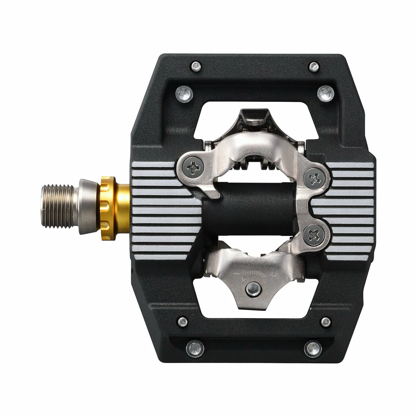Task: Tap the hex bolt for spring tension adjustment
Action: pyautogui.click(x=253, y=288)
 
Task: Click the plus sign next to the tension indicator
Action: pyautogui.click(x=273, y=275)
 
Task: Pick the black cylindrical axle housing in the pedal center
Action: pyautogui.click(x=251, y=209)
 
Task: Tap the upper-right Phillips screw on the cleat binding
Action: pyautogui.click(x=314, y=178)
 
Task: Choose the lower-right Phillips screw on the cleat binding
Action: pyautogui.click(x=314, y=235)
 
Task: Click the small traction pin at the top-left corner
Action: pyautogui.click(x=196, y=66)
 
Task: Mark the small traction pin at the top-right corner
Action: pyautogui.click(x=314, y=67)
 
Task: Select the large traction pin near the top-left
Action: pyautogui.click(x=184, y=93)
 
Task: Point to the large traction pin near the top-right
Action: pyautogui.click(x=325, y=93)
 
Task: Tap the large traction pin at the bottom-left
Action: pyautogui.click(x=195, y=349)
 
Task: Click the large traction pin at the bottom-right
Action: pyautogui.click(x=313, y=349)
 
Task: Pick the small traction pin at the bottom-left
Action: pyautogui.click(x=183, y=322)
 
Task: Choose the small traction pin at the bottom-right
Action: pyautogui.click(x=325, y=322)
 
